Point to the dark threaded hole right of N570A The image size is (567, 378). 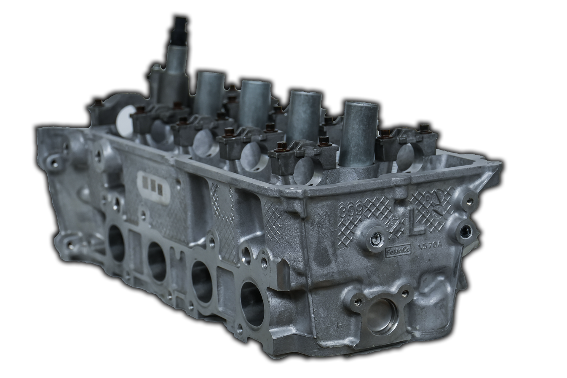click(x=466, y=230)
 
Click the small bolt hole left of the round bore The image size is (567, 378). click(x=358, y=301)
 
